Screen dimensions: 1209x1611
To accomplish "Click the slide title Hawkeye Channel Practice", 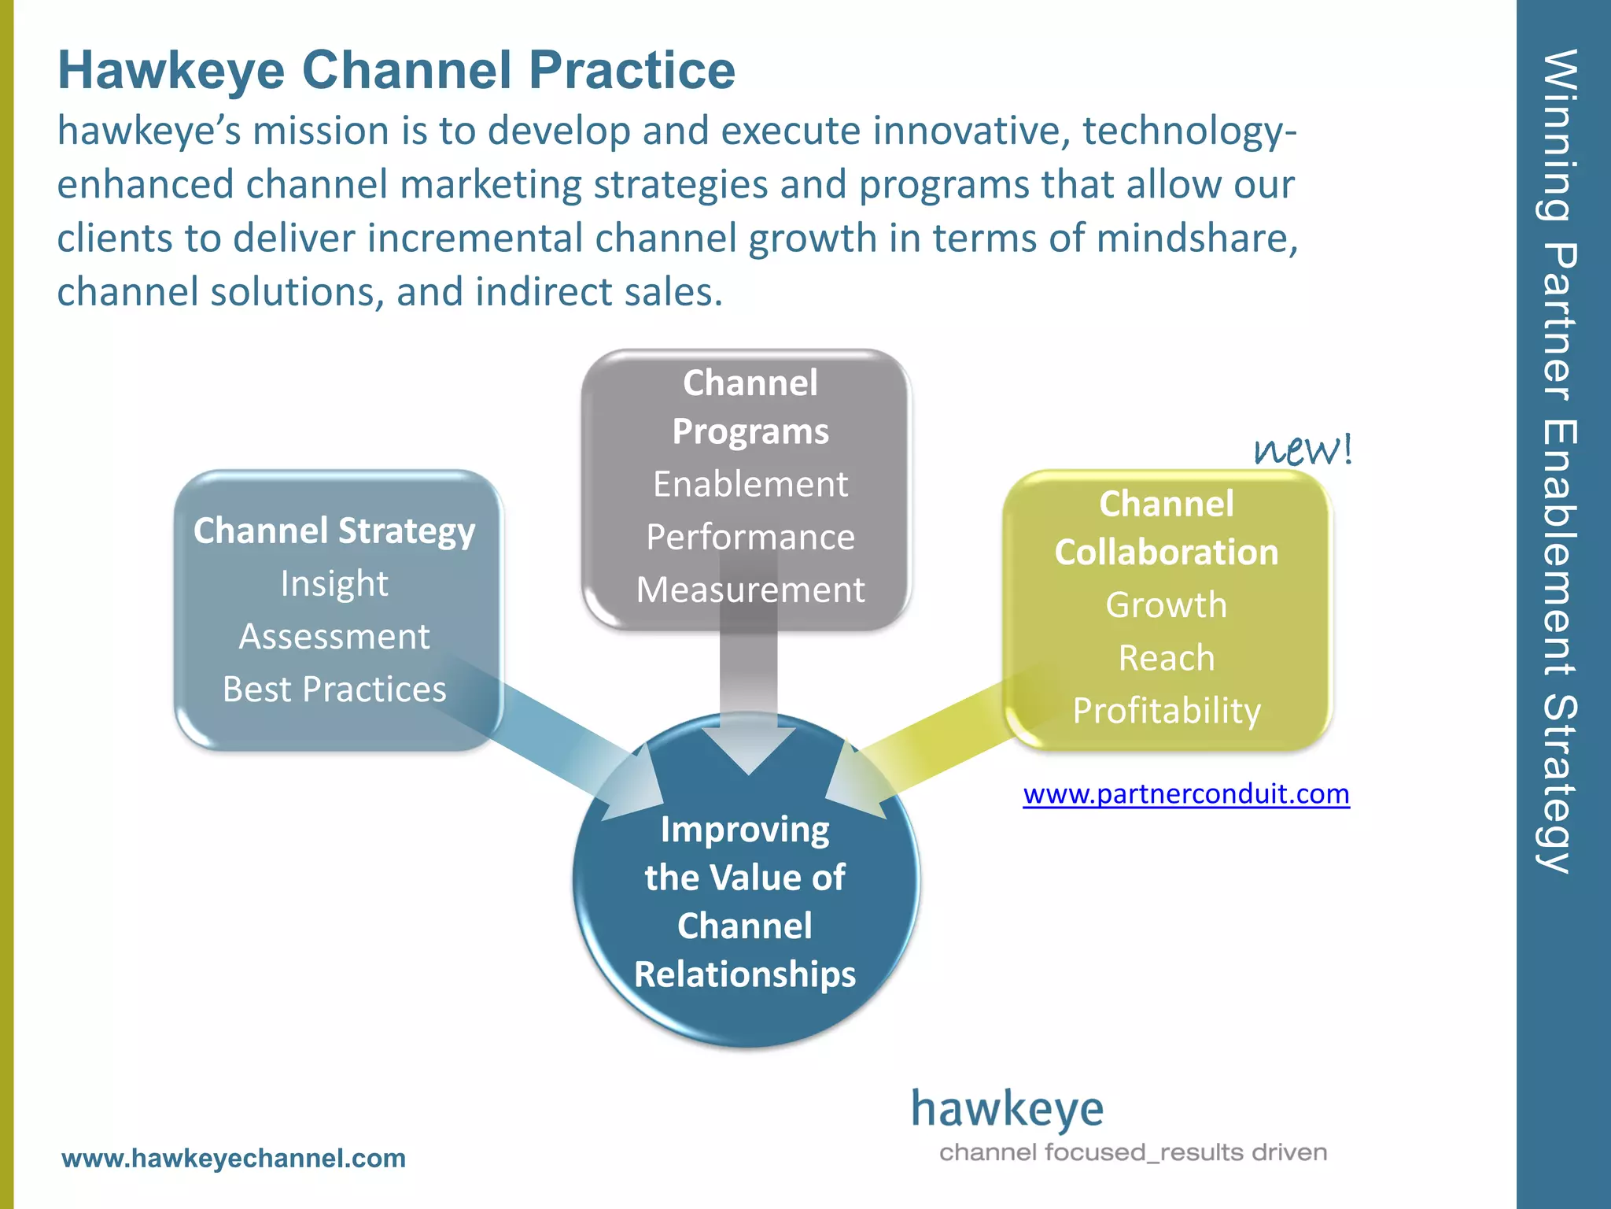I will click(x=396, y=71).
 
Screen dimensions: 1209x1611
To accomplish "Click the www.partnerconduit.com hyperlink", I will click(x=1185, y=793).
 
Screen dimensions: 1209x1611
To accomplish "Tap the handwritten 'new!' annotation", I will click(x=1302, y=450).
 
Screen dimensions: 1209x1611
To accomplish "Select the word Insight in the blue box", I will click(x=334, y=583).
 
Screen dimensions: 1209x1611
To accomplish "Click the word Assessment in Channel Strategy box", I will click(x=334, y=636).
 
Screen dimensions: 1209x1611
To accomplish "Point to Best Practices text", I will click(x=334, y=689).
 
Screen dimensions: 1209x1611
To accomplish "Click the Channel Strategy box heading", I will click(x=334, y=531).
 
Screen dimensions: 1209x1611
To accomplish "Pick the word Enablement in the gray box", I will click(x=750, y=483).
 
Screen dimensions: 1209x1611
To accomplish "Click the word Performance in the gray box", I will click(x=750, y=537).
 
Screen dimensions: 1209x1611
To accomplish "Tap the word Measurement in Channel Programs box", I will click(x=750, y=590).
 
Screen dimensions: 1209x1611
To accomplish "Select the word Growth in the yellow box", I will click(x=1166, y=604).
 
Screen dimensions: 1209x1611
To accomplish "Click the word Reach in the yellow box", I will click(x=1166, y=657).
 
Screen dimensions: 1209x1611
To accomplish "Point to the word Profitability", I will click(x=1166, y=710).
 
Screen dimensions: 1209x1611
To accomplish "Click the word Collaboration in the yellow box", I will click(x=1166, y=552).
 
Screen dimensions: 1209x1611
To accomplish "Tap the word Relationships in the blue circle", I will click(x=744, y=974).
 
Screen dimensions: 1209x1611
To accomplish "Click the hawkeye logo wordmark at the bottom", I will click(x=1007, y=1110).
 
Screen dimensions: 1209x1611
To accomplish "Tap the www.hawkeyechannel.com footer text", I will click(x=234, y=1158).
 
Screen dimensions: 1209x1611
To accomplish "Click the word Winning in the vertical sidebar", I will click(x=1558, y=134).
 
